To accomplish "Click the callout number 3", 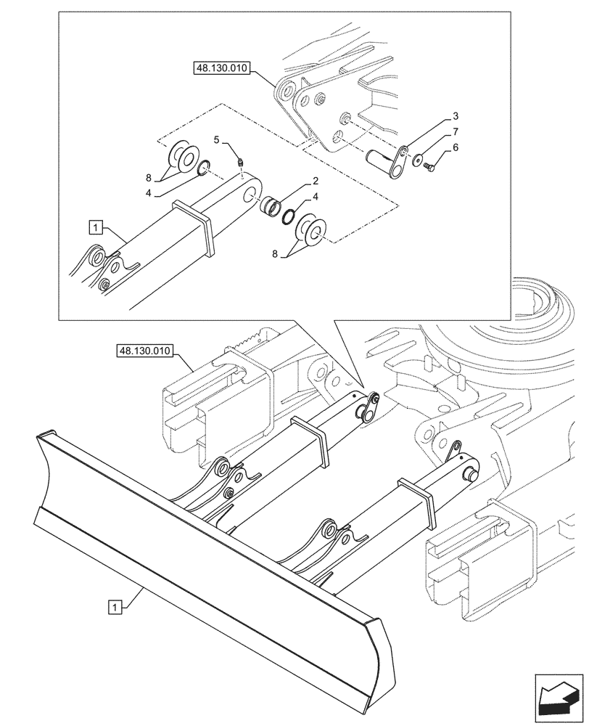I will [455, 116].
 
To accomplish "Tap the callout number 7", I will [455, 131].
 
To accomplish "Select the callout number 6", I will [455, 147].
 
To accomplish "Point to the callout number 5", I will [216, 139].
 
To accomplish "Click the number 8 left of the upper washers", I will [149, 176].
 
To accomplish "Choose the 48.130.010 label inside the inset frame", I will [221, 69].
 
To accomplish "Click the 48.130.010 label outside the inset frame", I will [143, 351].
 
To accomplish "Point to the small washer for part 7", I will [418, 160].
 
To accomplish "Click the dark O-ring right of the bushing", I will [289, 217].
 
